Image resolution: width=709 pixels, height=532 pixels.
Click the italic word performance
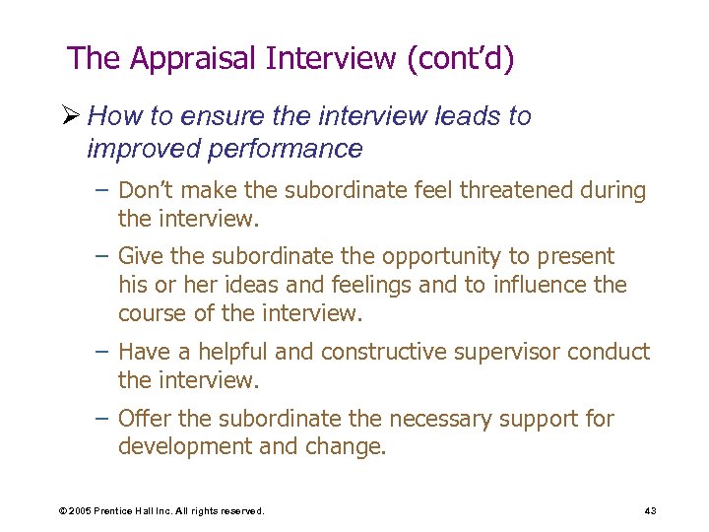(288, 149)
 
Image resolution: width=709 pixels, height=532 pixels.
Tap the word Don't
(147, 190)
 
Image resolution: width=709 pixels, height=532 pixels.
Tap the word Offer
(144, 419)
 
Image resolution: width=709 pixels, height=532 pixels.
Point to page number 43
(650, 510)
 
